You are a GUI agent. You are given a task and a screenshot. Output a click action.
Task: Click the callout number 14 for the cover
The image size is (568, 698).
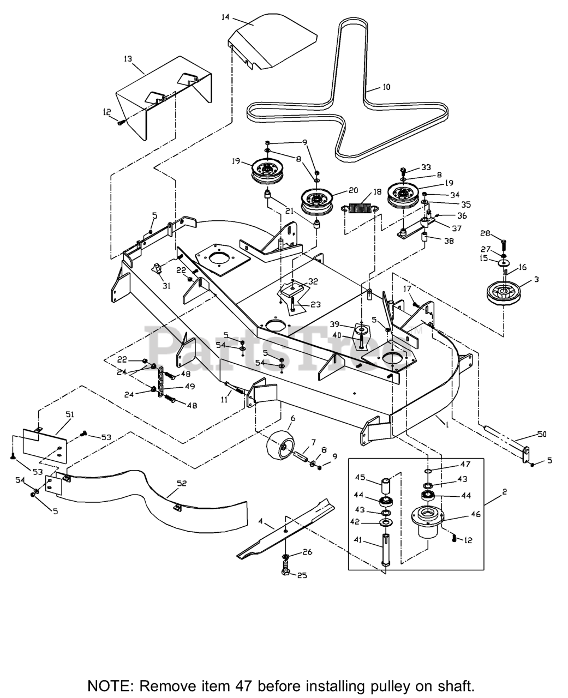[225, 17]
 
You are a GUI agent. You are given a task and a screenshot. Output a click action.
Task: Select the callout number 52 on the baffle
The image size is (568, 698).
[182, 483]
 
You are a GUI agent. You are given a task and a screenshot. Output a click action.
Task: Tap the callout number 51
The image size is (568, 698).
[69, 414]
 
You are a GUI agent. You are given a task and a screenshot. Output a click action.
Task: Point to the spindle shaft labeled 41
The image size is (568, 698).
[386, 551]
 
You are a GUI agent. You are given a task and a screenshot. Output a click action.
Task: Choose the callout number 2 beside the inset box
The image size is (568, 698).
[504, 491]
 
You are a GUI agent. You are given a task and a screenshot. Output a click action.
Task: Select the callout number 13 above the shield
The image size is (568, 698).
[128, 58]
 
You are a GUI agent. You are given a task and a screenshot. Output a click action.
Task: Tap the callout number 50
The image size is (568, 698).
[541, 434]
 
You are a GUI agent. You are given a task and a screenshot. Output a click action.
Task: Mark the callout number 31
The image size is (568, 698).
[166, 286]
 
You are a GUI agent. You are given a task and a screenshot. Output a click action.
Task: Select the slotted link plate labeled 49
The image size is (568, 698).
[162, 384]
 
